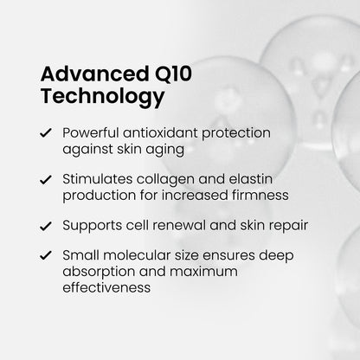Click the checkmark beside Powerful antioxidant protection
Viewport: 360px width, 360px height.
tap(44, 136)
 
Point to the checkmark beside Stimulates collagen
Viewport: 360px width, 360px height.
tap(44, 179)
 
